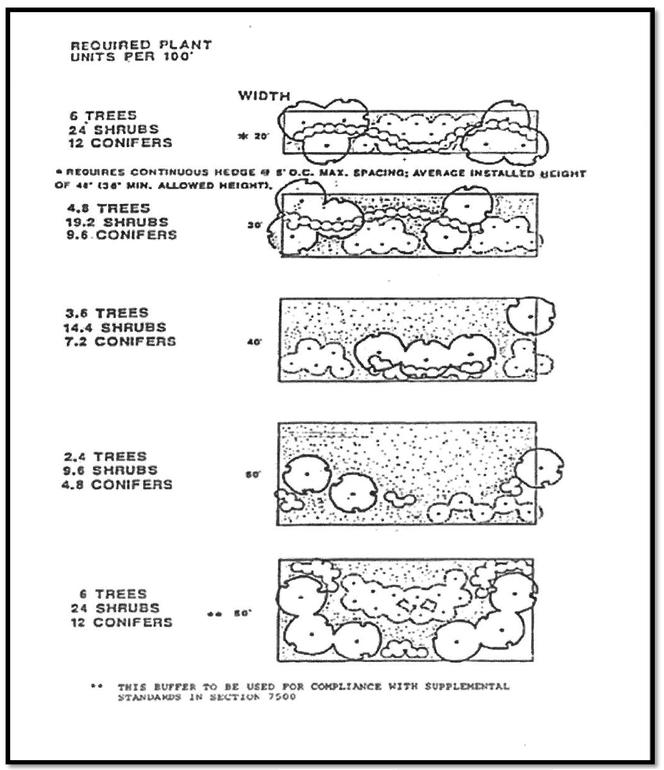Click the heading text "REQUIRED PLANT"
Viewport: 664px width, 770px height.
tap(141, 45)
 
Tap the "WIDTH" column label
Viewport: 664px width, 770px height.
tap(264, 96)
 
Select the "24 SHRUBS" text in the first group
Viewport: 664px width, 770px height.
tap(114, 129)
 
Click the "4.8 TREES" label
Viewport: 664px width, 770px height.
tap(108, 208)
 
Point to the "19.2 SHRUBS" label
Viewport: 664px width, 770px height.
tap(117, 222)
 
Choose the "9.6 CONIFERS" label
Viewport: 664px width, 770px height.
tap(122, 235)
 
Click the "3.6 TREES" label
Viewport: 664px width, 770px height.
tap(107, 313)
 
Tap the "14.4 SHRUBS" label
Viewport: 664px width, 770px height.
tap(115, 327)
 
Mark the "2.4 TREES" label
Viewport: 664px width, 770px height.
tap(105, 456)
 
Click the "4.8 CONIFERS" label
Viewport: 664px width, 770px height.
tap(117, 485)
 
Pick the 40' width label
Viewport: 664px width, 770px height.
tap(254, 342)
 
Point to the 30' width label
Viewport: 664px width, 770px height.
tap(255, 225)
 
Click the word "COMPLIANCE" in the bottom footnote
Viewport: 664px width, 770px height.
tap(346, 686)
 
